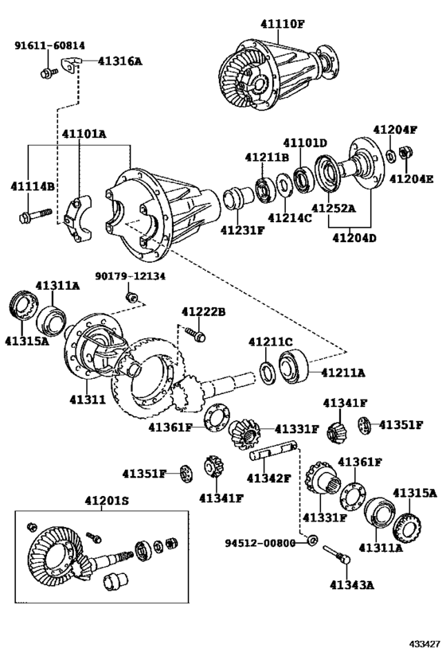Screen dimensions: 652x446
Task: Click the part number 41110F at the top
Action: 282,23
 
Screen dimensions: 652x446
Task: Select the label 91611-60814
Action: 49,45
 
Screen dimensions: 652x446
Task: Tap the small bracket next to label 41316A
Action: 75,63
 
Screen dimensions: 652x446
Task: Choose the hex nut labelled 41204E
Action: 403,151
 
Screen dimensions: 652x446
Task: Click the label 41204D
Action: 356,236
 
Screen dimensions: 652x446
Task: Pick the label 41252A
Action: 334,209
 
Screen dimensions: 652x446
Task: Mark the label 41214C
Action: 289,217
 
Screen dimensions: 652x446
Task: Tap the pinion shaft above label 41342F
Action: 272,453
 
